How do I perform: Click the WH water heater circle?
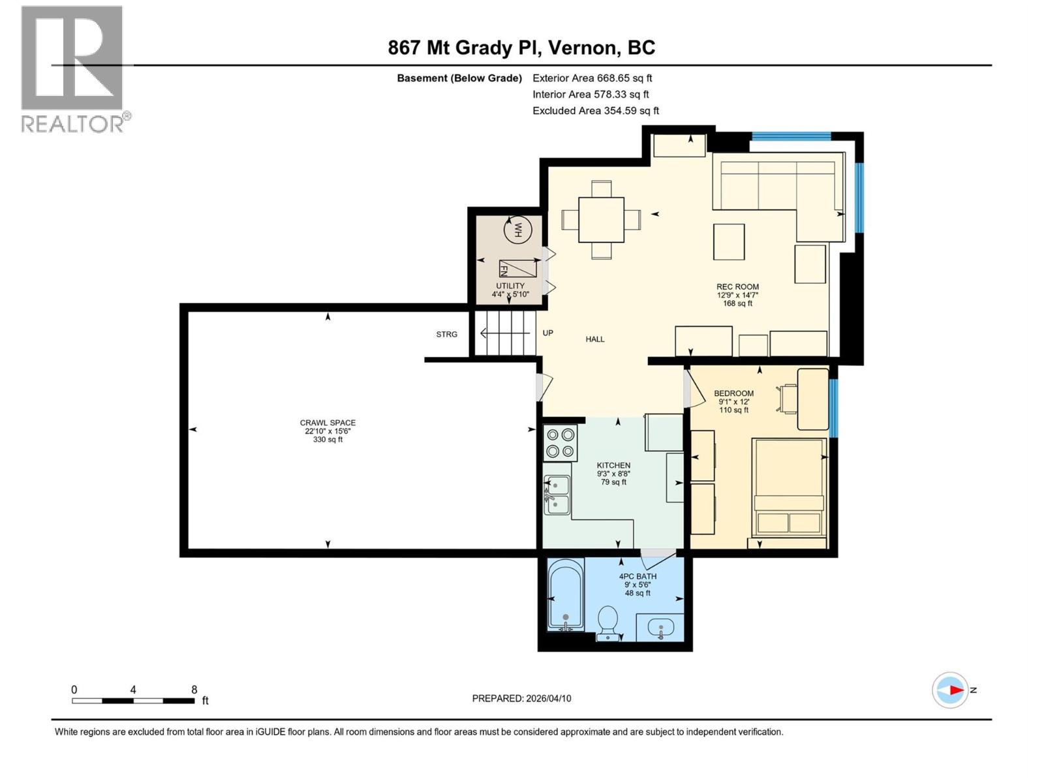tap(518, 230)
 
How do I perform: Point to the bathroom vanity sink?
tap(661, 629)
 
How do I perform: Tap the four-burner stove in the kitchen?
tap(560, 442)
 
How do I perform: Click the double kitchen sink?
tap(557, 495)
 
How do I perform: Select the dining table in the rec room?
tap(601, 219)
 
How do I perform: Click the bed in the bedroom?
tap(789, 487)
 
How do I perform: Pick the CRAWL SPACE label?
tap(328, 423)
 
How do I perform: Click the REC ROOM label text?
tap(737, 286)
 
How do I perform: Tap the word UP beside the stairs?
tap(548, 333)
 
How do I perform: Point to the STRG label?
tap(447, 334)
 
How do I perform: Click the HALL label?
tap(595, 339)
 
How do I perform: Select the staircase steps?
tap(504, 333)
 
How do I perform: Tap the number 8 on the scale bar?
tap(194, 690)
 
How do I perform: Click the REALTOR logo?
tap(72, 69)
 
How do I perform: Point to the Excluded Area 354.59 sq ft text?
tap(595, 111)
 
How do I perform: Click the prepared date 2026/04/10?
tap(547, 698)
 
